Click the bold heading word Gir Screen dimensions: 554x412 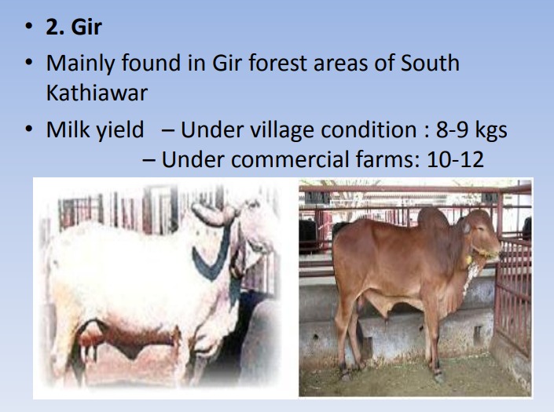click(x=86, y=27)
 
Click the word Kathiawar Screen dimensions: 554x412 click(x=97, y=93)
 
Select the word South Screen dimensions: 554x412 click(x=430, y=63)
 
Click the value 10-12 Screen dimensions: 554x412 click(x=455, y=159)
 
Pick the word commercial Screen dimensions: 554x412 click(x=289, y=159)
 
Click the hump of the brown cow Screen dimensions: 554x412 click(x=433, y=217)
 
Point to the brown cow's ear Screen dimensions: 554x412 click(x=466, y=227)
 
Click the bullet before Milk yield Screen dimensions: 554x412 click(x=29, y=129)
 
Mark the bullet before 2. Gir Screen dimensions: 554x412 click(x=29, y=27)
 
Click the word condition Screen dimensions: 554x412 click(x=369, y=129)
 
